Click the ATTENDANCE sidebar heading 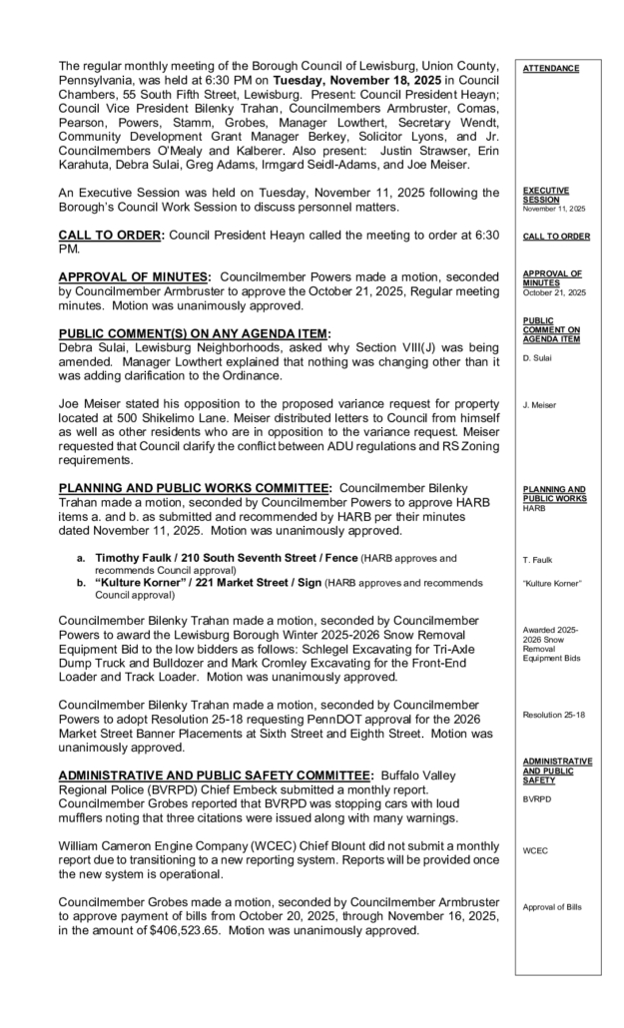tap(551, 69)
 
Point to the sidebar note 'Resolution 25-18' tap(553, 715)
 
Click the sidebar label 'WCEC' tap(536, 851)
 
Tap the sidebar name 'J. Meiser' tap(540, 404)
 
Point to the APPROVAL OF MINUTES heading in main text tap(133, 276)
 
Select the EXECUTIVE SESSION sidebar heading tap(545, 193)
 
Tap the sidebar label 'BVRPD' tap(537, 799)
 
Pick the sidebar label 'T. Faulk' tap(539, 559)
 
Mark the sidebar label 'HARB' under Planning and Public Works tap(534, 507)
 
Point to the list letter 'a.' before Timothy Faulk tap(81, 558)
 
